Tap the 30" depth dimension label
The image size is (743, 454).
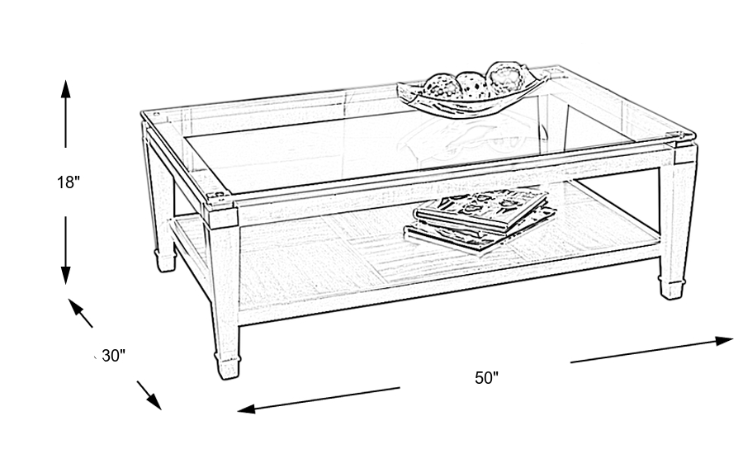click(x=112, y=357)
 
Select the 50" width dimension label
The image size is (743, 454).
click(x=487, y=378)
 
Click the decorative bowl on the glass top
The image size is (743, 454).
click(x=472, y=89)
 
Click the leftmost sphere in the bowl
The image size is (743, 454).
click(x=438, y=84)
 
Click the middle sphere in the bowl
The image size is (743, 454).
click(x=471, y=82)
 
